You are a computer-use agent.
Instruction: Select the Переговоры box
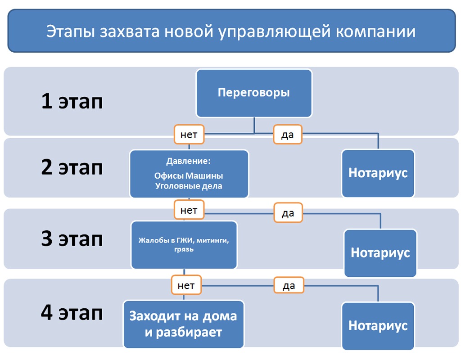click(x=254, y=93)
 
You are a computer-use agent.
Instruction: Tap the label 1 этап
click(x=72, y=101)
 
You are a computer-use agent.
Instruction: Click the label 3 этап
click(x=72, y=238)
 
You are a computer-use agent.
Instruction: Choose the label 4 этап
click(x=72, y=313)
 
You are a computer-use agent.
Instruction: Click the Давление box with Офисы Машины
click(x=189, y=174)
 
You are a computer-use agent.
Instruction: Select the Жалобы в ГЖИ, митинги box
click(x=184, y=245)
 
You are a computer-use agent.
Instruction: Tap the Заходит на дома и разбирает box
click(x=184, y=324)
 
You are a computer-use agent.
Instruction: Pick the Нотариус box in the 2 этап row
click(x=378, y=173)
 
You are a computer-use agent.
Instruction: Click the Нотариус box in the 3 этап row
click(x=380, y=252)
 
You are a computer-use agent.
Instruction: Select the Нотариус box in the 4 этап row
click(x=378, y=325)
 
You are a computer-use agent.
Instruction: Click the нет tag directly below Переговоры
click(x=189, y=134)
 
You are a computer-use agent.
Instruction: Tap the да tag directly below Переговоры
click(x=288, y=135)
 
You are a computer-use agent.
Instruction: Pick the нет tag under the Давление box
click(x=189, y=210)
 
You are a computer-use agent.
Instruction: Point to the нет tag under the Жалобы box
click(x=186, y=285)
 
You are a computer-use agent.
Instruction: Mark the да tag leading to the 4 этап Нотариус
click(x=289, y=285)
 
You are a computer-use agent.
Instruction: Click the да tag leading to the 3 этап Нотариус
click(x=288, y=213)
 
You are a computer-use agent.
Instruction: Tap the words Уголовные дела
click(x=189, y=186)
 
